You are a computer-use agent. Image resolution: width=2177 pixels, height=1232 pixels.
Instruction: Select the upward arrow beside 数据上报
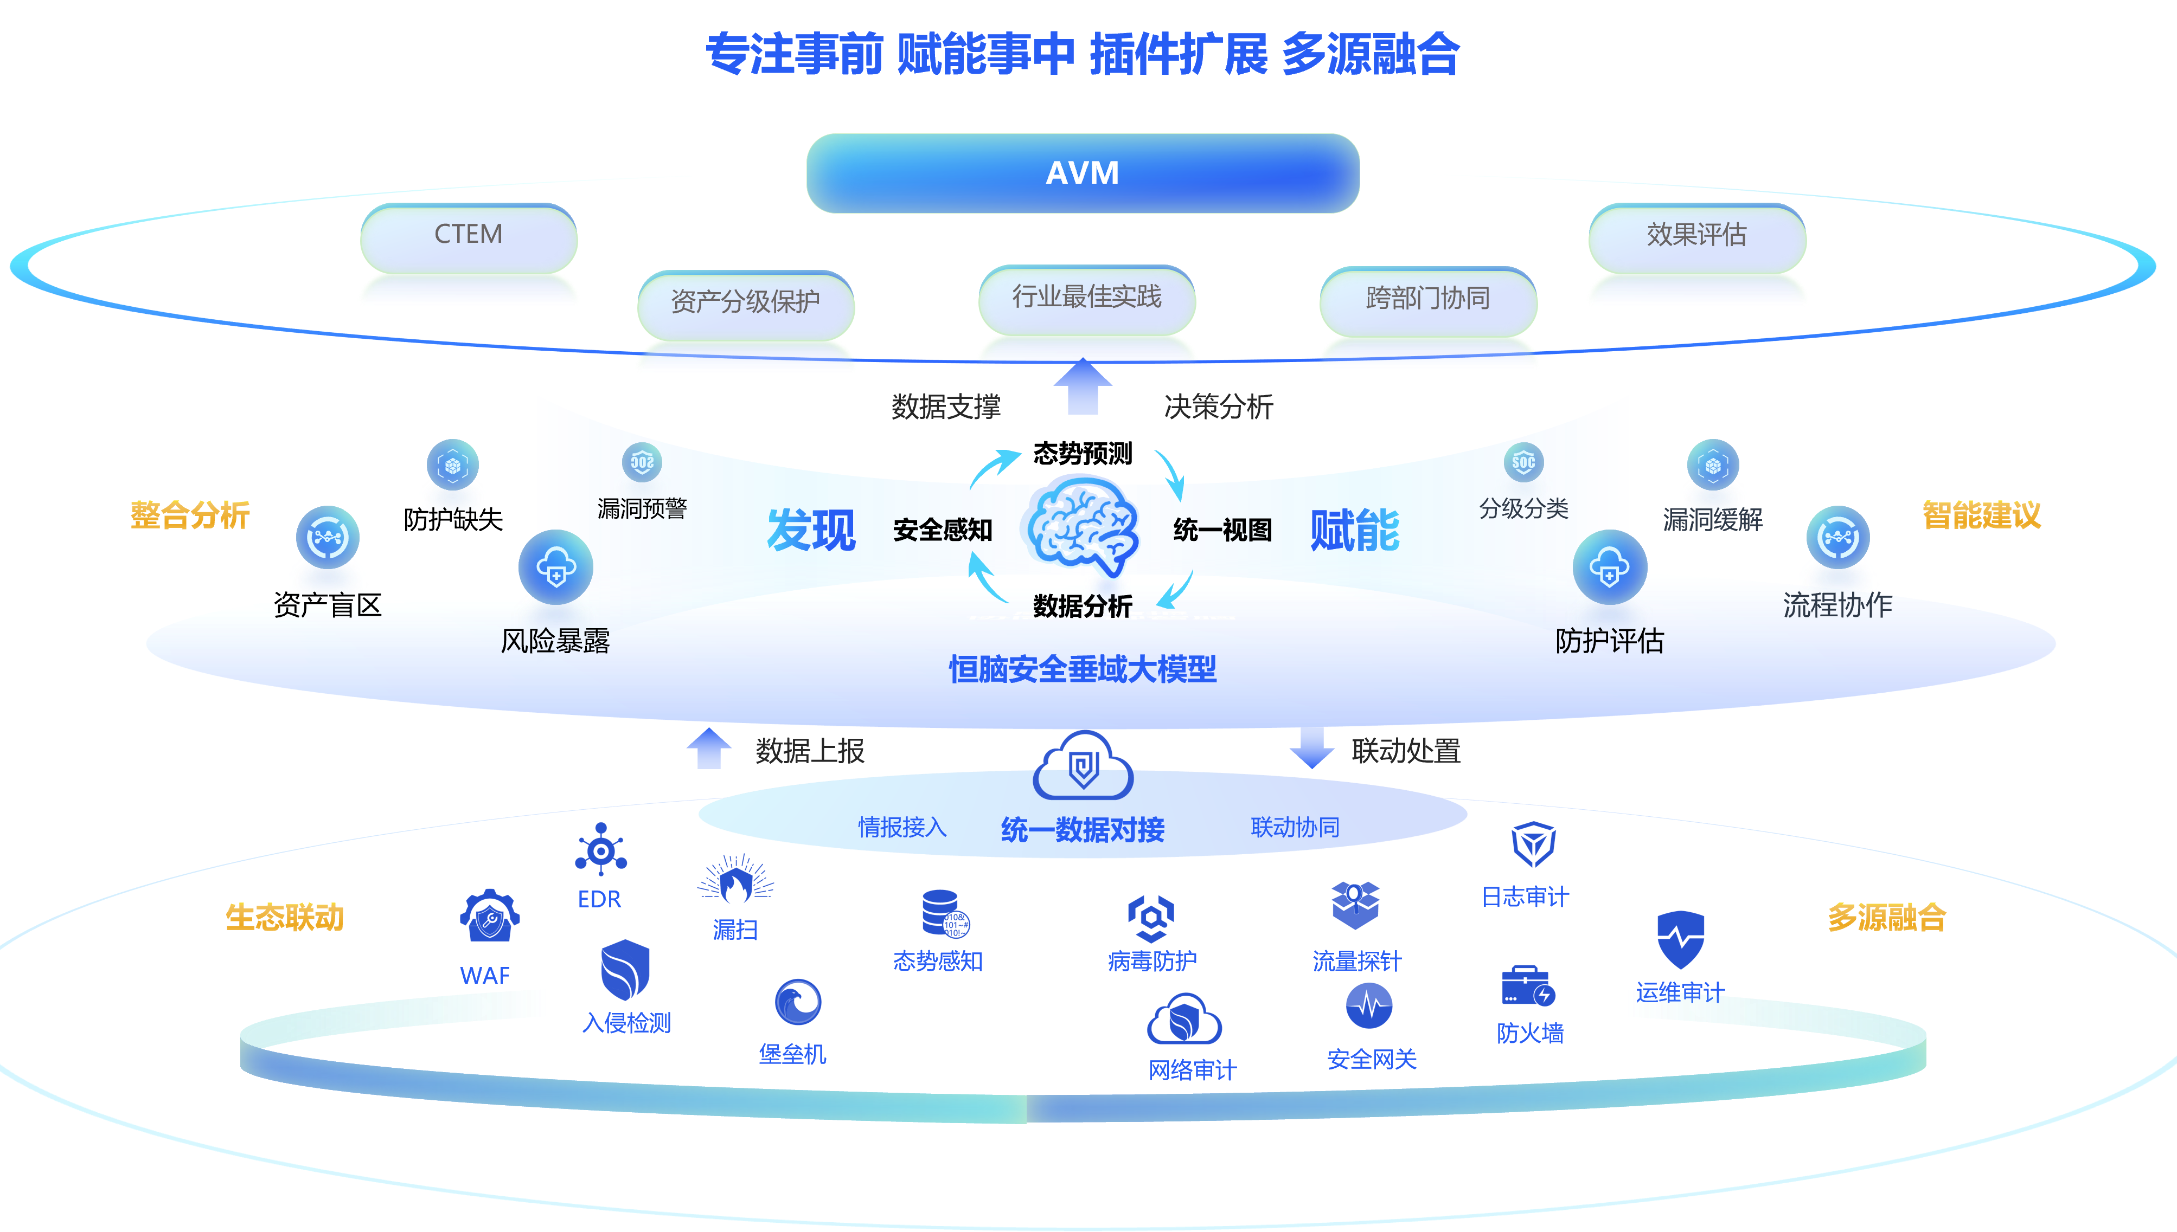tap(708, 749)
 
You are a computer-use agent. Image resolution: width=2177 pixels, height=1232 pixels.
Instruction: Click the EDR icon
tap(600, 849)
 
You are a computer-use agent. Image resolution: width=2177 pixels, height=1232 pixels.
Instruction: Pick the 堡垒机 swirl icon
tap(797, 1002)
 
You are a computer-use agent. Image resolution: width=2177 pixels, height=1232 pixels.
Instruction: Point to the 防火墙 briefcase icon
tap(1527, 986)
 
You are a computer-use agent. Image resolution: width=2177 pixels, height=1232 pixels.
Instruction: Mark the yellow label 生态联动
tap(284, 917)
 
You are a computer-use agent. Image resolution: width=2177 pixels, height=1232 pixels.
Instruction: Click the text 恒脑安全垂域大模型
tap(1082, 669)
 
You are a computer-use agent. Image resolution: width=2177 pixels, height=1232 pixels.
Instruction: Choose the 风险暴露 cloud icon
tap(555, 567)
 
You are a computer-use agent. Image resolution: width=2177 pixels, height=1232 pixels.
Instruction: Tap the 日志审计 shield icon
tap(1533, 844)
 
